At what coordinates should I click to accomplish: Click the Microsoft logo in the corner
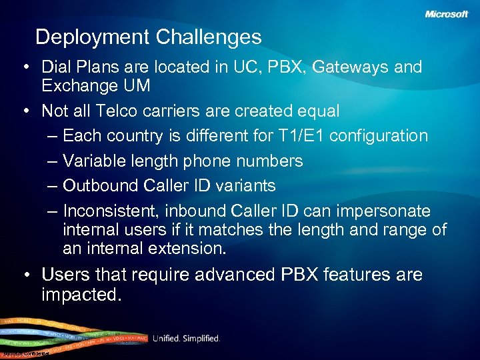(x=447, y=14)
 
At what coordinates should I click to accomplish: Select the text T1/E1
(x=301, y=135)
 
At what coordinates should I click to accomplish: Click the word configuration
(x=379, y=135)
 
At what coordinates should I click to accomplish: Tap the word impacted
(x=81, y=294)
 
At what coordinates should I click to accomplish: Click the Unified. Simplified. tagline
(x=186, y=339)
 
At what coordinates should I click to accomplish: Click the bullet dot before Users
(x=26, y=275)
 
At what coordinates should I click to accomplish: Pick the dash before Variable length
(x=53, y=161)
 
